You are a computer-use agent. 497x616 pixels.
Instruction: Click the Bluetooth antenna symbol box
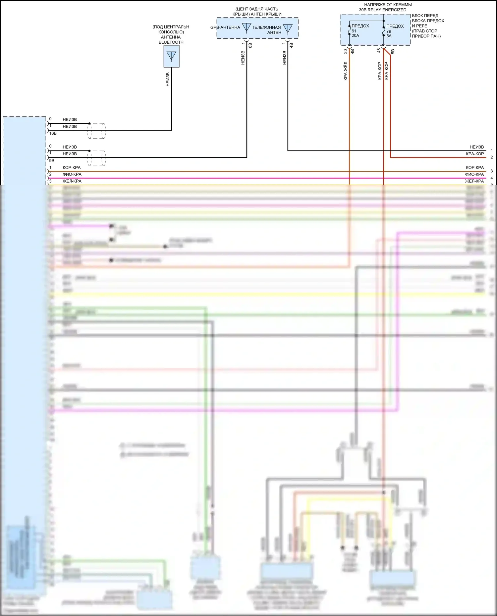click(171, 56)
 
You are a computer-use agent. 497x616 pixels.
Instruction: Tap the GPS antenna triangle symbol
click(247, 27)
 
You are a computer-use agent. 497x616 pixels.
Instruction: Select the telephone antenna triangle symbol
click(288, 29)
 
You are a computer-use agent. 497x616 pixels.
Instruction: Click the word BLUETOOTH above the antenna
click(171, 42)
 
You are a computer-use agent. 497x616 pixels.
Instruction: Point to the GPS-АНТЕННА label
click(225, 27)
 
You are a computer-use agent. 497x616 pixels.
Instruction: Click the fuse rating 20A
click(355, 36)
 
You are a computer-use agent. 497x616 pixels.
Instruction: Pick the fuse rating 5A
click(389, 36)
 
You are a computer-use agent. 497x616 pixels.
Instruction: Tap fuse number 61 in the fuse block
click(354, 31)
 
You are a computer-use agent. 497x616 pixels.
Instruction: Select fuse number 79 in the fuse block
click(389, 31)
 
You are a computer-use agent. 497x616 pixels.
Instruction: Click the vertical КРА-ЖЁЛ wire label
click(346, 71)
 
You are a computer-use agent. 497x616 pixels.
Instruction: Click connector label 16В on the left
click(53, 133)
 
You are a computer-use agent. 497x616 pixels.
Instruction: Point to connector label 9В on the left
click(52, 161)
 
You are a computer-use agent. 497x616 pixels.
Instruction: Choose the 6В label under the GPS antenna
click(250, 45)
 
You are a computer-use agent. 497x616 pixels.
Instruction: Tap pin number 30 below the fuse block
click(346, 51)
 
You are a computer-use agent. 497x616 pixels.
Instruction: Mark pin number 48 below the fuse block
click(379, 50)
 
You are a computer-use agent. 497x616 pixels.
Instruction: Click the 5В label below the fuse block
click(393, 52)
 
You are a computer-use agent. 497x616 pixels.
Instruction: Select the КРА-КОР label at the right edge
click(475, 154)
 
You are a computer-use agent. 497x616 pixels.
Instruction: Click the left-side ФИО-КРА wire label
click(72, 174)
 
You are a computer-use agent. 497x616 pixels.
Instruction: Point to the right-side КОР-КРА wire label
click(475, 167)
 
